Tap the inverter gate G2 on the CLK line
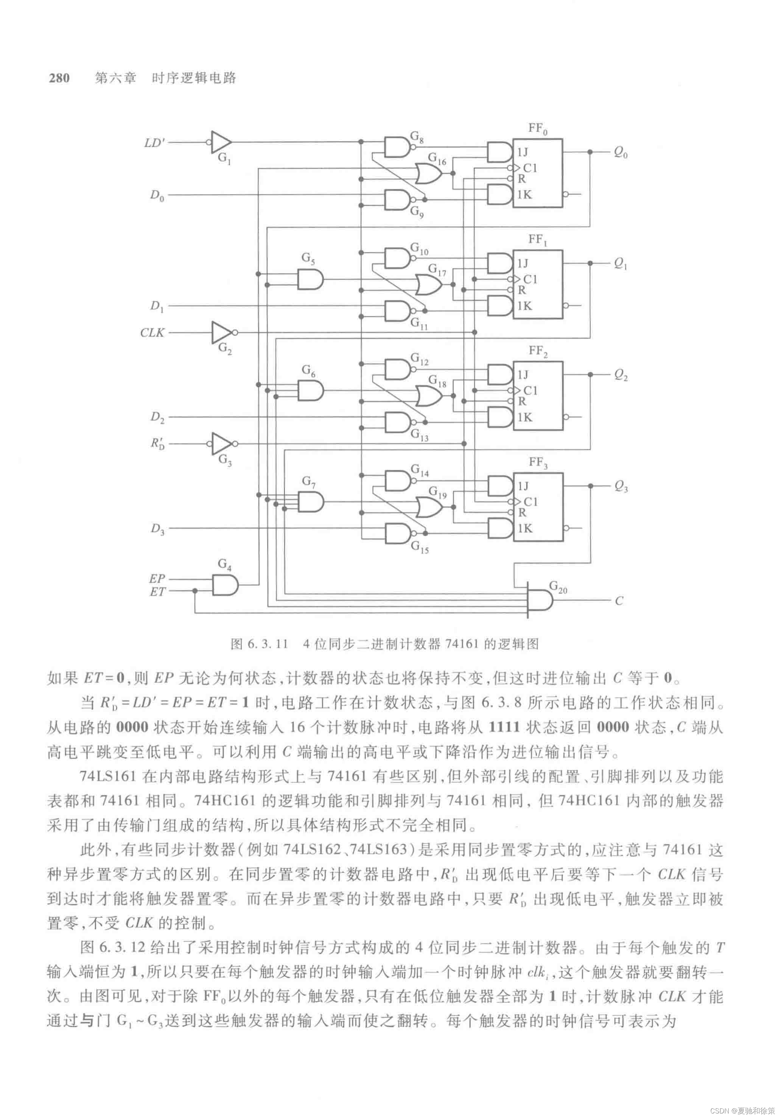pos(222,332)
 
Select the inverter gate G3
pos(222,444)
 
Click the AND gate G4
pos(225,585)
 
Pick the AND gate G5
pos(310,279)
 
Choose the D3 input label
pos(157,529)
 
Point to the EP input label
pos(157,578)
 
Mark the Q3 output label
pos(621,486)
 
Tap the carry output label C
pos(619,601)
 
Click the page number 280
pos(59,78)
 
